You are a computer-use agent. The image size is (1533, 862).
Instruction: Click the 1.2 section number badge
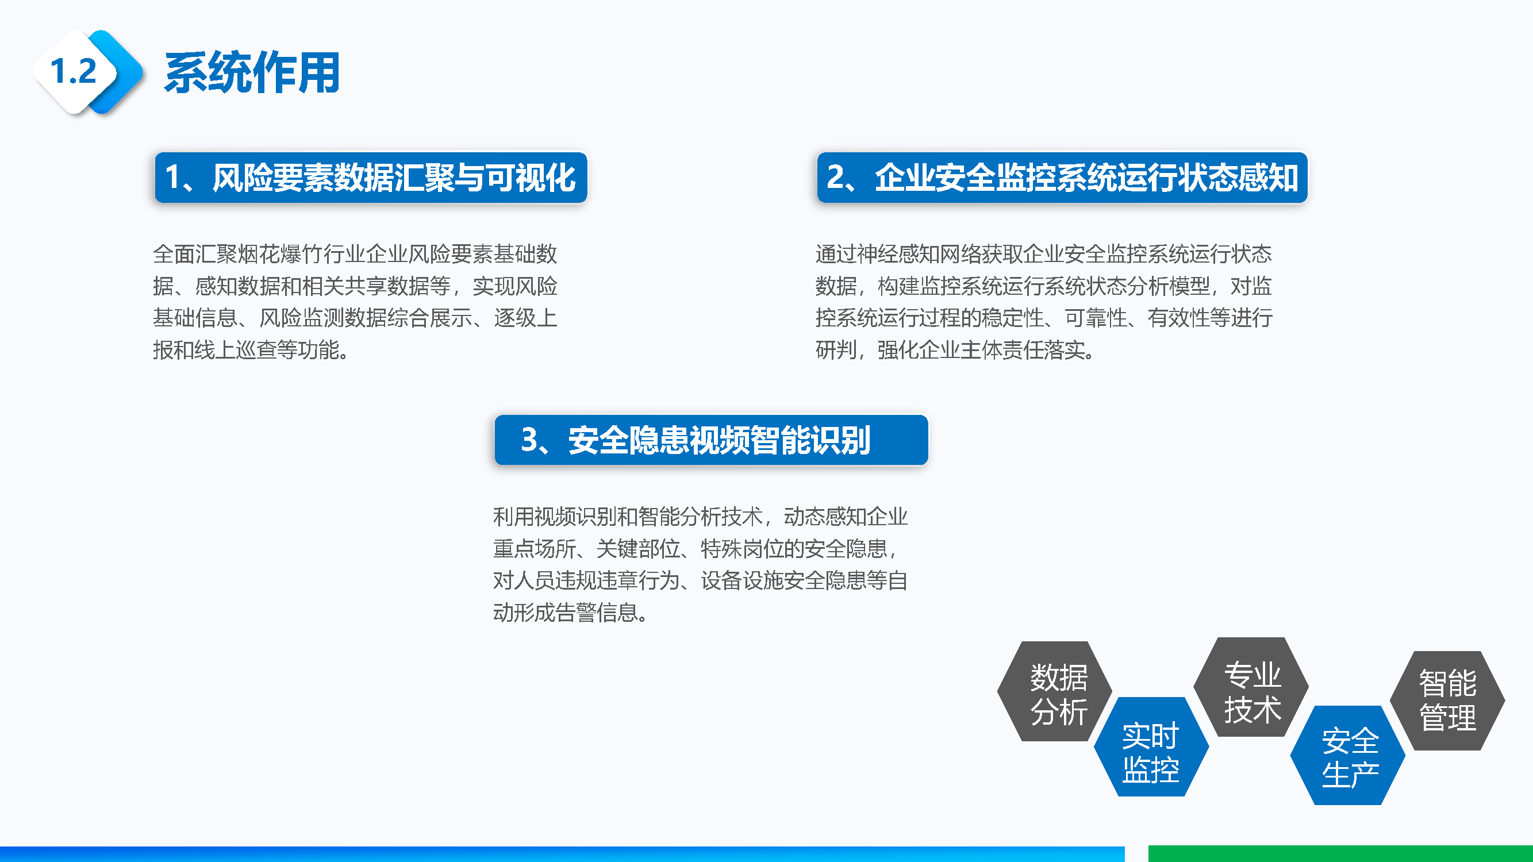point(74,71)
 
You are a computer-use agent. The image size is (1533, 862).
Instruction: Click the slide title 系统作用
point(252,72)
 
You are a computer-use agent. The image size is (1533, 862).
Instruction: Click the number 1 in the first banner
point(172,177)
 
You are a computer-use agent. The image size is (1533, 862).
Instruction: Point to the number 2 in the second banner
point(835,177)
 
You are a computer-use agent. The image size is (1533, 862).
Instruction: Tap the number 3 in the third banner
point(529,440)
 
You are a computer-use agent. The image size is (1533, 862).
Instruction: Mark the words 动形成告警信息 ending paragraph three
point(566,612)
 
